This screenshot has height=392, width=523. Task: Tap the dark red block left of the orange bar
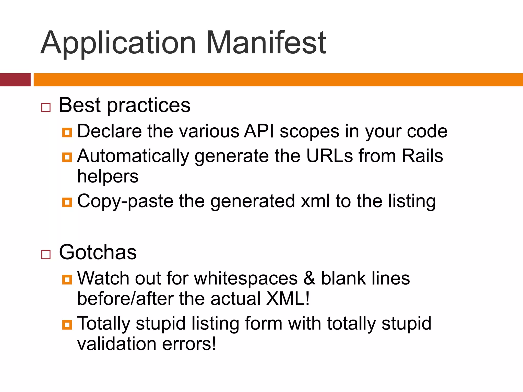click(x=15, y=80)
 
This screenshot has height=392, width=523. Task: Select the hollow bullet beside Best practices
click(x=46, y=107)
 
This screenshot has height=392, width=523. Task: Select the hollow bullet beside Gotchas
click(x=46, y=254)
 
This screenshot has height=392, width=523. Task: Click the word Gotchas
click(x=98, y=252)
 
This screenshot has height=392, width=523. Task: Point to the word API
click(x=259, y=131)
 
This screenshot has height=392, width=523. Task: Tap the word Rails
click(x=422, y=156)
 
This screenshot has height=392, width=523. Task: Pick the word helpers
click(x=108, y=177)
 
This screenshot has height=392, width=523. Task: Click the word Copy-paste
click(x=125, y=202)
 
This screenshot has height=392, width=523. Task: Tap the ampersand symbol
click(x=309, y=278)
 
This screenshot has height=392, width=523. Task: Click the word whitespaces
click(x=246, y=279)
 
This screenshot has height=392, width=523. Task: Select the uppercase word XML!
click(x=288, y=299)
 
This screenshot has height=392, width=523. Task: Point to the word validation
click(x=117, y=344)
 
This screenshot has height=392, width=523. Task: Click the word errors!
click(x=189, y=344)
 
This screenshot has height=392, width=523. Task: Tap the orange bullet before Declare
click(x=67, y=132)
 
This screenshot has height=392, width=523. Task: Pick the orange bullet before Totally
click(x=67, y=325)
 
